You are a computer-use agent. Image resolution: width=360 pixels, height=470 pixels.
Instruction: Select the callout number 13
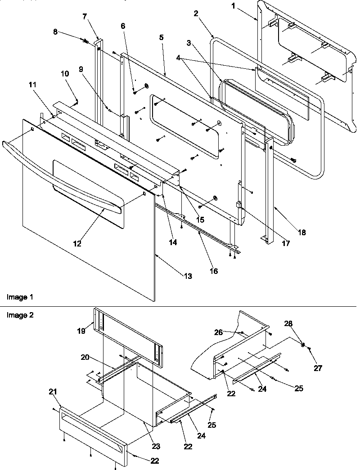coord(188,276)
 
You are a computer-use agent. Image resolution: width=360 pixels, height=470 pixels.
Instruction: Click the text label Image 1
coord(19,297)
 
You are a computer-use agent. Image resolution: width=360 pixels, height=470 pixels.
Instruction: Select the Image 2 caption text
coord(19,315)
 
